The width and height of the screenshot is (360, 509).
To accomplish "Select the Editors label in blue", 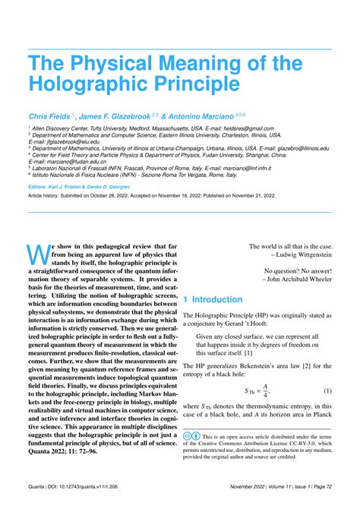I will coord(39,185).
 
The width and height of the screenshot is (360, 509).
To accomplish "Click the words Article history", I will coord(47,196).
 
